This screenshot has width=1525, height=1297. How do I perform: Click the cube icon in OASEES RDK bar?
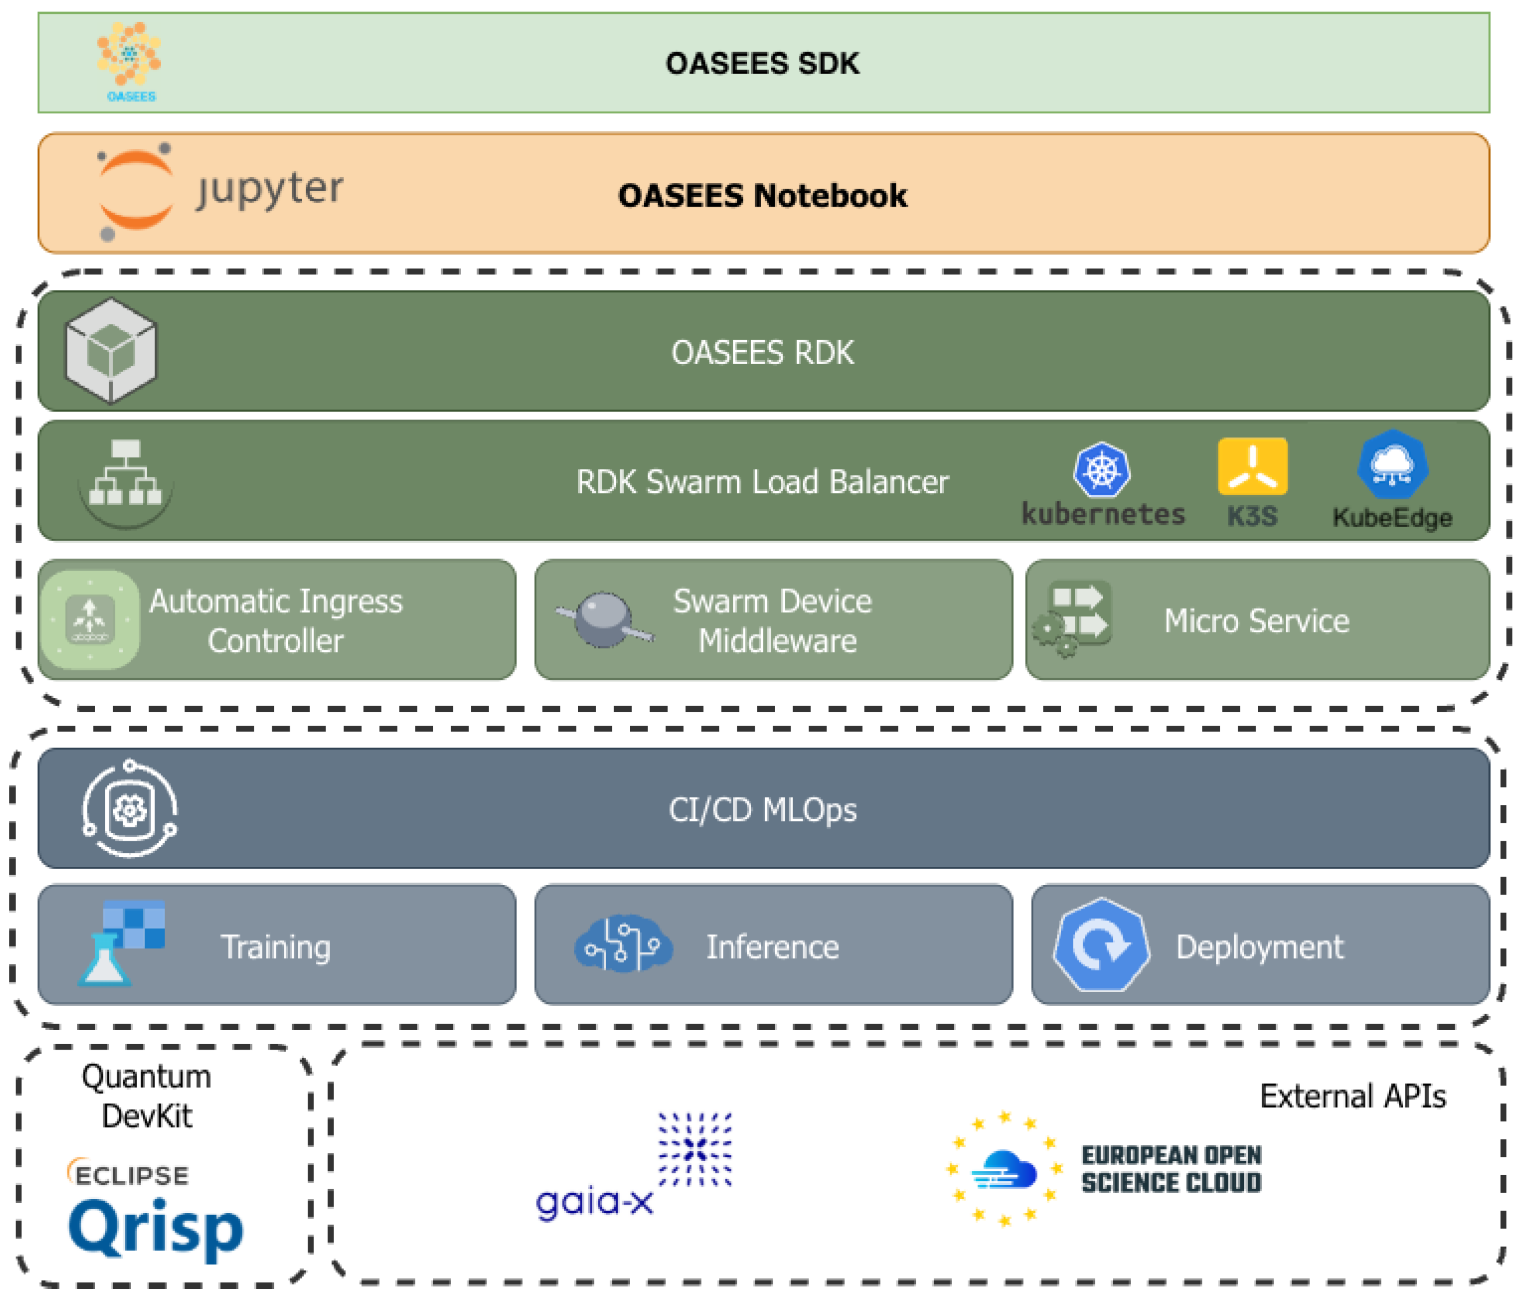click(111, 351)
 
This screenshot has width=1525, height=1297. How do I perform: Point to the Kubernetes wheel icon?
click(1101, 469)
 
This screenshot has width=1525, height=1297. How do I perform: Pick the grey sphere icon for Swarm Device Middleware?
click(603, 619)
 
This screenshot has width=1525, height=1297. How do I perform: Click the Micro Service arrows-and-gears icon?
click(1072, 619)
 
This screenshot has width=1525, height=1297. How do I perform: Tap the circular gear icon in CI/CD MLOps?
click(129, 809)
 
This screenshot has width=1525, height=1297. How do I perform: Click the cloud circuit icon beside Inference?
click(623, 944)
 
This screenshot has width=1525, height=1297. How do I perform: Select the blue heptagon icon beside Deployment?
click(1101, 944)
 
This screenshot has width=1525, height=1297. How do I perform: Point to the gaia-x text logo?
click(594, 1201)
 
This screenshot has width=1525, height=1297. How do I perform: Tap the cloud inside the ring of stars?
click(1004, 1169)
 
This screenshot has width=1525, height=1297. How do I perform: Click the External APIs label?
click(1352, 1096)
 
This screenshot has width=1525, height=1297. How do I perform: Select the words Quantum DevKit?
click(146, 1096)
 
